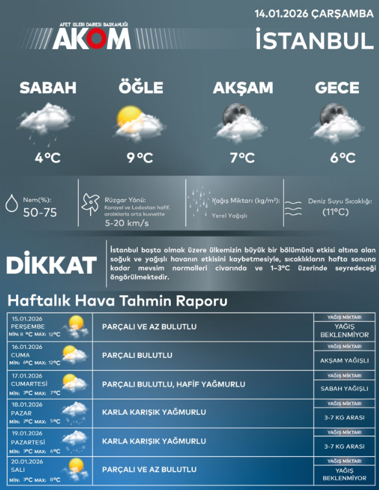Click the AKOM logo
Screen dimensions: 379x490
pyautogui.click(x=91, y=38)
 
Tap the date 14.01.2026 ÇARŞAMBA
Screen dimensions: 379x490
pyautogui.click(x=310, y=13)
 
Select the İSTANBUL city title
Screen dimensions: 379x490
pyautogui.click(x=314, y=40)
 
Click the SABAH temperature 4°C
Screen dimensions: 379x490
pyautogui.click(x=48, y=157)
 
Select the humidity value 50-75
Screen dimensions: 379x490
pyautogui.click(x=40, y=212)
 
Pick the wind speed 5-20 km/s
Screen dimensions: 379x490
pyautogui.click(x=127, y=223)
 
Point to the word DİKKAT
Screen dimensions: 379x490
pyautogui.click(x=51, y=265)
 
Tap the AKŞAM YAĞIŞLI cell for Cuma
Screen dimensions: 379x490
pyautogui.click(x=344, y=360)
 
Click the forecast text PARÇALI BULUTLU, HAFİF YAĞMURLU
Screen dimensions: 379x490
pyautogui.click(x=173, y=384)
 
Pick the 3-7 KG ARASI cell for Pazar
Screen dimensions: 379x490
pyautogui.click(x=344, y=418)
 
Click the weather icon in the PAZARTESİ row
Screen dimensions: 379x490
pyautogui.click(x=76, y=441)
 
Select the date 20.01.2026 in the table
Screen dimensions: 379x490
pyautogui.click(x=27, y=461)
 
